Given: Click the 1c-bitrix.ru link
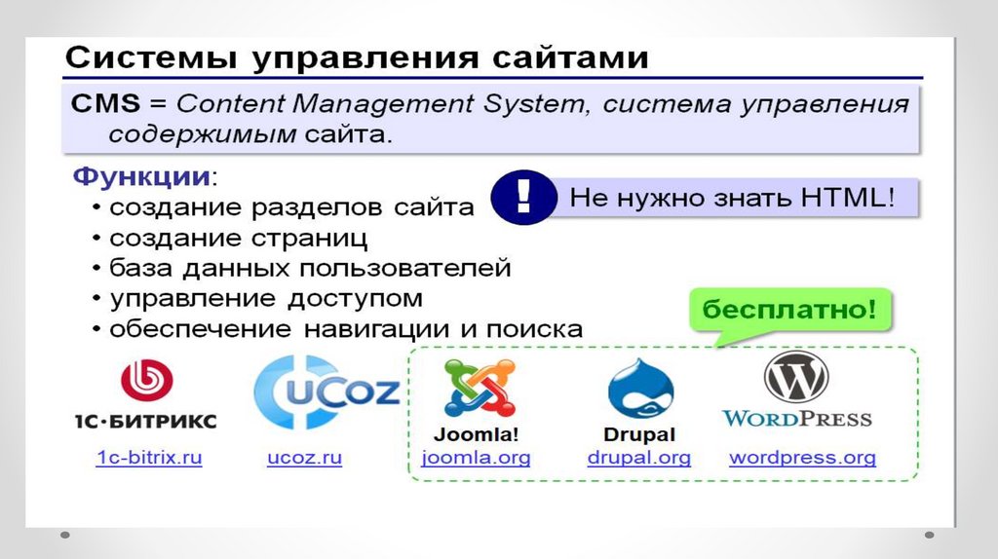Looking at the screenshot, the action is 149,458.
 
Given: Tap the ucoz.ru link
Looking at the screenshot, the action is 304,458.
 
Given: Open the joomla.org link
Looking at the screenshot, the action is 476,458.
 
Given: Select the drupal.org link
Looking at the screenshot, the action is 638,458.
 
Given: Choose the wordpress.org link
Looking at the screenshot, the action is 802,458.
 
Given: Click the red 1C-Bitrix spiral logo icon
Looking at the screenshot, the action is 146,380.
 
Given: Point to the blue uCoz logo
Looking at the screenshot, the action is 325,391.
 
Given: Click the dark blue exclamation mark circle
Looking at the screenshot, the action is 522,197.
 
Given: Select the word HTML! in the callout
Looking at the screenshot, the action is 847,199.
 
